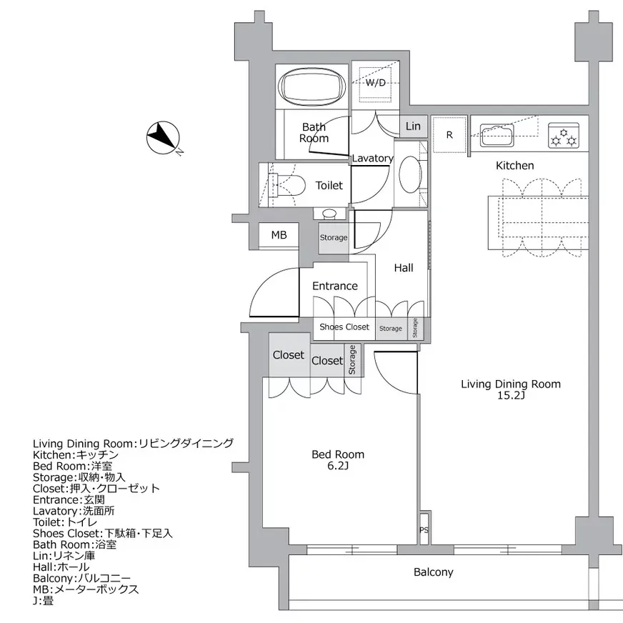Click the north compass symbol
163,138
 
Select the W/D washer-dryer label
376,83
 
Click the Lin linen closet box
413,126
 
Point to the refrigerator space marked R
449,135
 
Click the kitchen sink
497,135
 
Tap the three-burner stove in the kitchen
564,135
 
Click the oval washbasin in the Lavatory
410,175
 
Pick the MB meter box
279,235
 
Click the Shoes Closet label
344,327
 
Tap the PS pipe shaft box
424,529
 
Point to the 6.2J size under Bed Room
338,465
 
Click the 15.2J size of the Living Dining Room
511,395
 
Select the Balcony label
433,572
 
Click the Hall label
404,268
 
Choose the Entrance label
335,286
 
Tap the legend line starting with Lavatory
74,511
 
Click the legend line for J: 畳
43,600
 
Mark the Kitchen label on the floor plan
514,166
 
